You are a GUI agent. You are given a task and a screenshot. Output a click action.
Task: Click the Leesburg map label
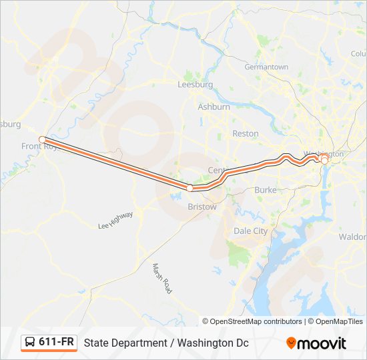click(x=195, y=85)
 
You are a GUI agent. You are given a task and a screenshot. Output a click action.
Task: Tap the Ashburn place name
click(x=214, y=107)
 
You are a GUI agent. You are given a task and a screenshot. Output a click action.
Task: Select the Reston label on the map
click(x=245, y=133)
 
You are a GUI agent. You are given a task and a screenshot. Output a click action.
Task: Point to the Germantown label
click(x=266, y=67)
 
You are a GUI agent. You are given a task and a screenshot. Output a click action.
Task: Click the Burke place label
click(x=265, y=190)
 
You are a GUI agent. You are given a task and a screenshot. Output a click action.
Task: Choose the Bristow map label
click(x=202, y=207)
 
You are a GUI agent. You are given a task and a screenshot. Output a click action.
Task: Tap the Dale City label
click(x=250, y=231)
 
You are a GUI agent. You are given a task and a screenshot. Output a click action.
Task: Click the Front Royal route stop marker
click(x=42, y=139)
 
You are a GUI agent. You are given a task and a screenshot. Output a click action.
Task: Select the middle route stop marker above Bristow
click(x=190, y=188)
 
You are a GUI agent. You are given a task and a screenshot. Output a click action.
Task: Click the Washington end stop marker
click(x=324, y=160)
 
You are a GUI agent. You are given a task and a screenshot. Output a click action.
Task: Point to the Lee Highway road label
click(x=115, y=220)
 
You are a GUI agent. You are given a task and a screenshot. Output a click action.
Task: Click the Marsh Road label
click(x=161, y=279)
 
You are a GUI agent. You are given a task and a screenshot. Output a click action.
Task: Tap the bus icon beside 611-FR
click(x=30, y=342)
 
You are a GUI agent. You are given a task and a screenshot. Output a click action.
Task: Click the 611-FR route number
click(x=57, y=342)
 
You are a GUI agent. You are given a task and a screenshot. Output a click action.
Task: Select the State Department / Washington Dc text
click(x=165, y=343)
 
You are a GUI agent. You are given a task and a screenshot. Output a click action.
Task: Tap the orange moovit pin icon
click(x=292, y=343)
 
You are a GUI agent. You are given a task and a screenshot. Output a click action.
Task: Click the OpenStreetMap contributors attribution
click(x=256, y=321)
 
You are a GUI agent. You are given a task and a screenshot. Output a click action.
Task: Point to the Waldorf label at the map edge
click(x=353, y=237)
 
